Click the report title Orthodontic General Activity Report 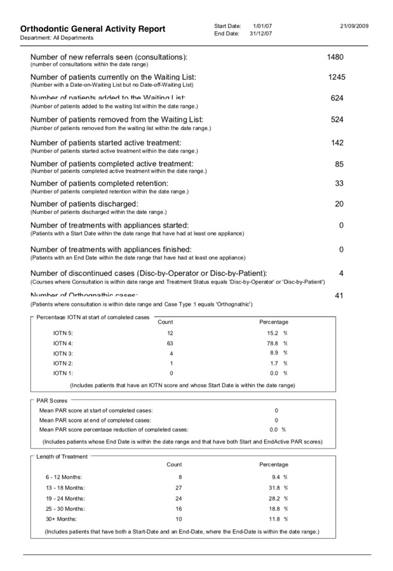[x=93, y=29]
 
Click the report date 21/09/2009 [x=354, y=25]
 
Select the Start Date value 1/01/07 [x=263, y=25]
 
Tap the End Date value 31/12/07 [x=261, y=33]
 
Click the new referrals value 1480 [x=335, y=57]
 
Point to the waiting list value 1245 [x=336, y=77]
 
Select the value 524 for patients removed [x=337, y=119]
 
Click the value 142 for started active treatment [x=337, y=143]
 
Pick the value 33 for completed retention [x=339, y=183]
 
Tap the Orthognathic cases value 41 [x=339, y=296]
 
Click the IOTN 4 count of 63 [x=170, y=343]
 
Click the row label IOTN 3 [x=63, y=353]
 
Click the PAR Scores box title [x=51, y=401]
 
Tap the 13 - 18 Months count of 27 [x=178, y=487]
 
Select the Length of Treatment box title [x=62, y=457]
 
